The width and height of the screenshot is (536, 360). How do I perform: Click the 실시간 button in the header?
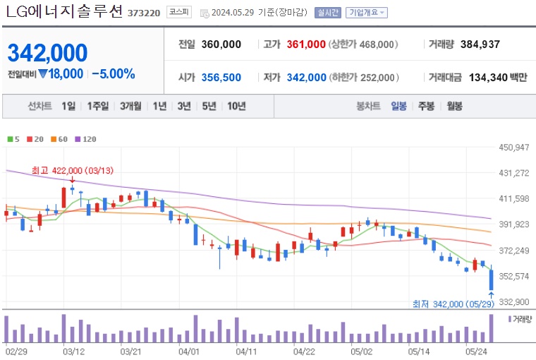[328, 13]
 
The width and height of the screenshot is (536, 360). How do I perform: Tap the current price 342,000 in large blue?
[48, 52]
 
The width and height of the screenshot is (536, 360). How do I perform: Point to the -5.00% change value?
[114, 73]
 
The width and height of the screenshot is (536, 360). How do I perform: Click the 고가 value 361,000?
[306, 44]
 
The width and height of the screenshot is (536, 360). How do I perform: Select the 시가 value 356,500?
[221, 78]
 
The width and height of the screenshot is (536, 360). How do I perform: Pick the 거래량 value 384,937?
[480, 44]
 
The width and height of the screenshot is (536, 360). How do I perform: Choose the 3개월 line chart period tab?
[131, 106]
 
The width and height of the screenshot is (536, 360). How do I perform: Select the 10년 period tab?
[236, 106]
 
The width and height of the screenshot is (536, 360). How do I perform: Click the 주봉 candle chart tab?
[426, 106]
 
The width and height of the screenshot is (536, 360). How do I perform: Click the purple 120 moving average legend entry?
[85, 139]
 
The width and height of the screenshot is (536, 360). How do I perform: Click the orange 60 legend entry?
[59, 139]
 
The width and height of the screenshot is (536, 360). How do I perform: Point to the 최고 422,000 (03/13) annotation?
[73, 170]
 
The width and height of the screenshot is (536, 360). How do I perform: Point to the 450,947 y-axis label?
[513, 148]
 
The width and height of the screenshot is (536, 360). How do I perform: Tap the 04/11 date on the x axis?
[246, 350]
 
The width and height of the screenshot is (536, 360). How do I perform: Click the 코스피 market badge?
[177, 13]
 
